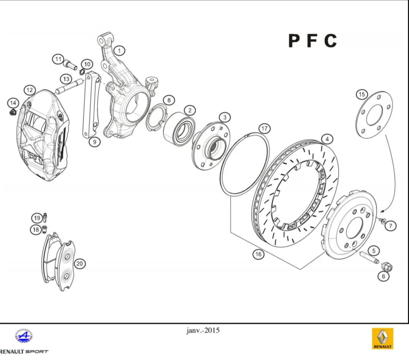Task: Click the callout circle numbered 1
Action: tap(119, 51)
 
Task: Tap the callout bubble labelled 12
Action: tap(30, 90)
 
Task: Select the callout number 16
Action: tap(258, 254)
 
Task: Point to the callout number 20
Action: tap(79, 264)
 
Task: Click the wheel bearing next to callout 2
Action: tap(179, 129)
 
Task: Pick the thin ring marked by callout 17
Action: tap(245, 164)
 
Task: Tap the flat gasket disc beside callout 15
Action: tap(374, 115)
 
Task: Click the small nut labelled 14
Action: tap(13, 113)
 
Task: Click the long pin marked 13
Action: tap(69, 86)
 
